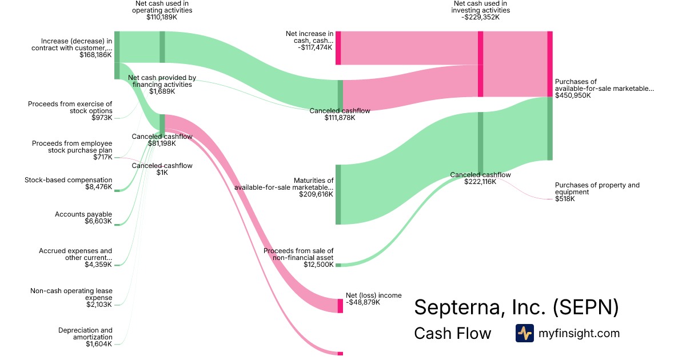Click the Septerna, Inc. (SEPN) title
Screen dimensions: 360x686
[516, 307]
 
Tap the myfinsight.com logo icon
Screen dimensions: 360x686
[524, 333]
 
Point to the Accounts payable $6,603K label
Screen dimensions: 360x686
[83, 218]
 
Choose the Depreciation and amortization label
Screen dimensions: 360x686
[85, 337]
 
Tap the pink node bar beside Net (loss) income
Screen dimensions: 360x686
[340, 306]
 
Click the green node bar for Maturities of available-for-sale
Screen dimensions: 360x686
[338, 194]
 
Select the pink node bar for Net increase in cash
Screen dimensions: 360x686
[338, 48]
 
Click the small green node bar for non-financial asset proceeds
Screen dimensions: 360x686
[338, 265]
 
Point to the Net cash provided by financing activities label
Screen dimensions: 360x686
[162, 85]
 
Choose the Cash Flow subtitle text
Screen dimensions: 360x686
[452, 333]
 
